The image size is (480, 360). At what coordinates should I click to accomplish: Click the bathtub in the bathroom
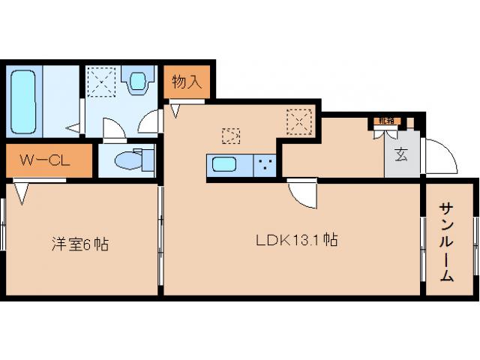tap(25, 100)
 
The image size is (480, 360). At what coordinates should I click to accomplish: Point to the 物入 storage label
tap(187, 82)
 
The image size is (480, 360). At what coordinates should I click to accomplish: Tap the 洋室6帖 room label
tap(79, 244)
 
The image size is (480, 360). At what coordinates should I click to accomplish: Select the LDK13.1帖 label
tap(296, 241)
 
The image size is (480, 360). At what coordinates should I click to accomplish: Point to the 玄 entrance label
tap(401, 156)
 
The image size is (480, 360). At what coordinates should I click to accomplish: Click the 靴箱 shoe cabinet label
tap(385, 120)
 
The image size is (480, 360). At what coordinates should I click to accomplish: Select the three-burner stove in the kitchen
tap(264, 164)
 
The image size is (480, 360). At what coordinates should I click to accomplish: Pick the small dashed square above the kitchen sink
tap(231, 136)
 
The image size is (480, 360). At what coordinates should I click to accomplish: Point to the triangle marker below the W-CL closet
tap(20, 194)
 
